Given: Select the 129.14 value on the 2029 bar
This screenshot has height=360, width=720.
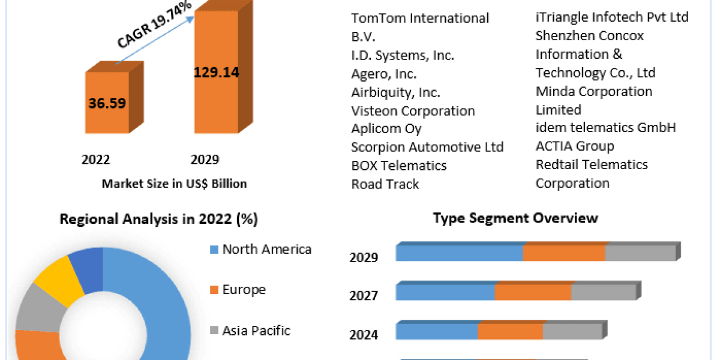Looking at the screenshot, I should tap(216, 73).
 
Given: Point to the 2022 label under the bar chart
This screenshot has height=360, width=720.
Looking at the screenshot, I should tap(96, 160).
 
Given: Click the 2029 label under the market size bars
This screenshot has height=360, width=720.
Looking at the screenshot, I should tap(205, 160).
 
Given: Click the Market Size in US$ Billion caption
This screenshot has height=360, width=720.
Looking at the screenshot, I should tap(174, 184).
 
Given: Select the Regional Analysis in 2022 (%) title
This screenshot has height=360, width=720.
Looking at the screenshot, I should tap(158, 220).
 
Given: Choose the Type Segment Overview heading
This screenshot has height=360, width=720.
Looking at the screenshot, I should tap(515, 218).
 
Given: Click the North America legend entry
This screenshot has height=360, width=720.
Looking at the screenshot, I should tap(261, 249).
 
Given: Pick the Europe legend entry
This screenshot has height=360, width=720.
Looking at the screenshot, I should tap(238, 290).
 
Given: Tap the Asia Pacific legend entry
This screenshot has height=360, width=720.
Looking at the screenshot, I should tap(250, 330).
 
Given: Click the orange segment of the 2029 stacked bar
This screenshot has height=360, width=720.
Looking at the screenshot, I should tap(563, 253).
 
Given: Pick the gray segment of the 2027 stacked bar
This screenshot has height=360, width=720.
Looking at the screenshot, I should tap(602, 292).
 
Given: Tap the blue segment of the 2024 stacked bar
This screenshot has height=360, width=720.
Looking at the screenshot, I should tap(437, 331).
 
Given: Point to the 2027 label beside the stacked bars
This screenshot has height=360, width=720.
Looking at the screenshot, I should tap(364, 296).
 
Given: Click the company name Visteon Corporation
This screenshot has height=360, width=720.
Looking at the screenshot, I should tap(413, 111).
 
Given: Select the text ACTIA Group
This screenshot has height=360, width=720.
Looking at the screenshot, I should tap(574, 146).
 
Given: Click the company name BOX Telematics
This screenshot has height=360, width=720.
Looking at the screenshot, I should tap(399, 165).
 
